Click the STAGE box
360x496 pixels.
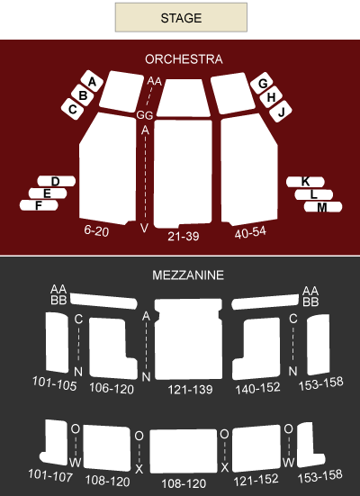tap(181, 17)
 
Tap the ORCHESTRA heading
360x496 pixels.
tap(184, 59)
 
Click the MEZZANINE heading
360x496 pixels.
tap(188, 275)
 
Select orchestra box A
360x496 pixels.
tap(92, 81)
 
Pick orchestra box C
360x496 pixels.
tap(72, 109)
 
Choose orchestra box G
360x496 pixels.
tap(262, 83)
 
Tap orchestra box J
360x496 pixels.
tap(281, 112)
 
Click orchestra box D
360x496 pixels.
tap(57, 181)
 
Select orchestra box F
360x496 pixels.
tap(39, 205)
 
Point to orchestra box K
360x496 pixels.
tap(305, 182)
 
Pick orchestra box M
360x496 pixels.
tap(323, 207)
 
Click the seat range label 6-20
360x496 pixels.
tap(96, 231)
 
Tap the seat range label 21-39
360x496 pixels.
tap(184, 236)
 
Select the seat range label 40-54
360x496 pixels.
tap(250, 232)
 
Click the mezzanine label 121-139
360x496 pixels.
tap(190, 390)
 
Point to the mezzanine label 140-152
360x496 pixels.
tap(257, 388)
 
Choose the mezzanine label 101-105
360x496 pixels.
tap(55, 383)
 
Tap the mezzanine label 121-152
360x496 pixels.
tap(256, 480)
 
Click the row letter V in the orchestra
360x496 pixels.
tap(144, 228)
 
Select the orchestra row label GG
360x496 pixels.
tap(145, 115)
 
